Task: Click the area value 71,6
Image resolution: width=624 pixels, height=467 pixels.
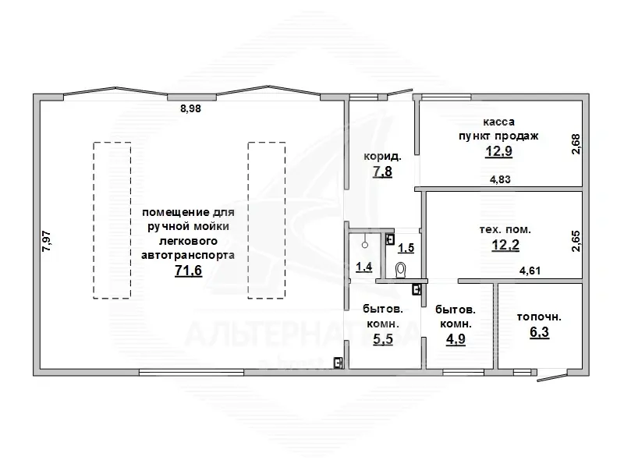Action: (188, 271)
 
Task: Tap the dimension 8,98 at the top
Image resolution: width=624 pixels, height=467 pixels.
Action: (190, 108)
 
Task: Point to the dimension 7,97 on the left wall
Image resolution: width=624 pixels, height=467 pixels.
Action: (47, 241)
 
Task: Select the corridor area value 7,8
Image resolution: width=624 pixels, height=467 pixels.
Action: (382, 172)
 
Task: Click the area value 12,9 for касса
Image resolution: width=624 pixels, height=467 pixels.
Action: (498, 151)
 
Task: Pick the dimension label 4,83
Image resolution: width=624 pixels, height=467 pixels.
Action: (500, 179)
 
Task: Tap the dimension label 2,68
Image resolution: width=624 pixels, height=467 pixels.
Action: (576, 144)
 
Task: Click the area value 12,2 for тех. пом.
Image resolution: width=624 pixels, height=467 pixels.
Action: (505, 245)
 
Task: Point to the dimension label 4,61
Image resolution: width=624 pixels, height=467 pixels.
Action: (530, 271)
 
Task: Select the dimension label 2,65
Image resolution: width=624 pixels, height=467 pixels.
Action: (576, 242)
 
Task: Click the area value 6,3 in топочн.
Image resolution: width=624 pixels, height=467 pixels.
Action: (539, 332)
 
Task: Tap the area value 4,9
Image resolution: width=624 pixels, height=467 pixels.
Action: (456, 339)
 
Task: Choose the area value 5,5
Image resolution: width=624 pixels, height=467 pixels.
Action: (383, 339)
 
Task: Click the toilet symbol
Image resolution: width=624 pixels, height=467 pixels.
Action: (401, 270)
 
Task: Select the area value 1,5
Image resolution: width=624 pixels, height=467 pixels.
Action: (406, 248)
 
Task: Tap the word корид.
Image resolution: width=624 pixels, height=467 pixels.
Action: (382, 157)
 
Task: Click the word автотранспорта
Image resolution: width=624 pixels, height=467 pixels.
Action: (188, 255)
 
